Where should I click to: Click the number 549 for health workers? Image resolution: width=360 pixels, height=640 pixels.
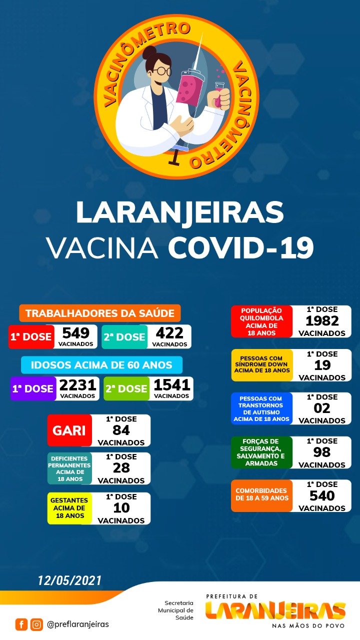[x=76, y=333]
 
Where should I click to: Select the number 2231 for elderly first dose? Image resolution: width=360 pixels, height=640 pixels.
[x=77, y=385]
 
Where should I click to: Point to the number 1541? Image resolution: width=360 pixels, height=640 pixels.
[x=171, y=385]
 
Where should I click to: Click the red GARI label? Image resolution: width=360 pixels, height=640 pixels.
[x=69, y=430]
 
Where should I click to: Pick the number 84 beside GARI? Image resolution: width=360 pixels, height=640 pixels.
[x=121, y=430]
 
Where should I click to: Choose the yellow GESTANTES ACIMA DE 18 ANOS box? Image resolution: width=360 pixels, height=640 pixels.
[x=69, y=508]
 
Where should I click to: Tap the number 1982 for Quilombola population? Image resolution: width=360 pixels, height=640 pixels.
[x=322, y=321]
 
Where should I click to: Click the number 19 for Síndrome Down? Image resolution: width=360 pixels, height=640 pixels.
[x=322, y=365]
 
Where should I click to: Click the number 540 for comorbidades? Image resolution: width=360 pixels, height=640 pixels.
[x=322, y=495]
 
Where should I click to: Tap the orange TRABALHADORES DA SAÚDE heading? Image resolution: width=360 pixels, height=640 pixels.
[x=100, y=313]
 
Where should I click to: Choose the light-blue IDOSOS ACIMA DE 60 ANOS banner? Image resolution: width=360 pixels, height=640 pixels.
[x=101, y=365]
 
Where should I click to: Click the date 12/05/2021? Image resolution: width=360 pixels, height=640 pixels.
[x=70, y=580]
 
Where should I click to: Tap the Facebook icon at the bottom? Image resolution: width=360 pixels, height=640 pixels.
[x=21, y=624]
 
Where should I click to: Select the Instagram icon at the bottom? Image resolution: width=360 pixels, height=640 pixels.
[x=36, y=624]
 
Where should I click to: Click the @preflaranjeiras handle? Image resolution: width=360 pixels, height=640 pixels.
[x=77, y=624]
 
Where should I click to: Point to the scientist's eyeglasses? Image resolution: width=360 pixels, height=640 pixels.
[x=161, y=71]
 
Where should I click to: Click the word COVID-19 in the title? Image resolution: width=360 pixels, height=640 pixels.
[x=240, y=247]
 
